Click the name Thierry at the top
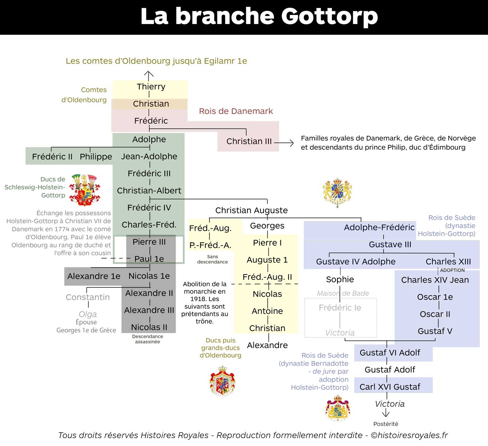click(x=151, y=86)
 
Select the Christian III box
click(x=248, y=141)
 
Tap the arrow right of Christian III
click(x=284, y=143)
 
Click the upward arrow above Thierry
click(x=149, y=76)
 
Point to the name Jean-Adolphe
click(x=149, y=156)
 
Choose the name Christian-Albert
click(x=149, y=191)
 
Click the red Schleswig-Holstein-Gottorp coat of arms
click(x=84, y=190)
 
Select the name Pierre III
click(x=149, y=242)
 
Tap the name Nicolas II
click(x=149, y=327)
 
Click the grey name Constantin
click(x=87, y=297)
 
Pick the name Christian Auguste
click(x=252, y=210)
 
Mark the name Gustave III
click(x=390, y=244)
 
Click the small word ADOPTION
click(x=452, y=270)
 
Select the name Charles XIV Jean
click(x=435, y=280)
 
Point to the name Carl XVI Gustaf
click(x=390, y=387)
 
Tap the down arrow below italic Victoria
click(x=386, y=413)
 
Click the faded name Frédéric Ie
click(x=340, y=308)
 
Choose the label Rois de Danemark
click(x=236, y=111)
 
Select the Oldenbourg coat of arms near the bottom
click(x=222, y=381)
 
